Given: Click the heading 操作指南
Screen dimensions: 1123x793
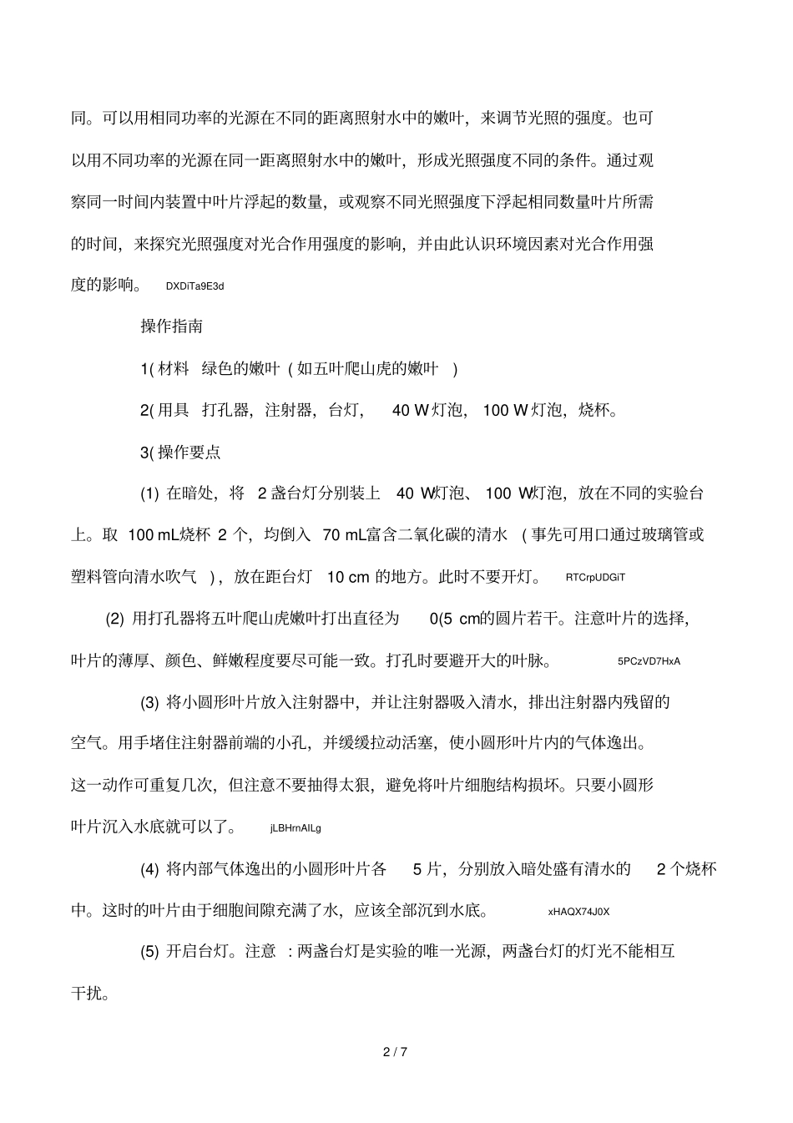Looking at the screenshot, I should coord(171,326).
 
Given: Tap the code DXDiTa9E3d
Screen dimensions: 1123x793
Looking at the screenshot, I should coord(194,286).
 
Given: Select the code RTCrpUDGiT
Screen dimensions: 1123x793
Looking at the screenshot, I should coord(594,577).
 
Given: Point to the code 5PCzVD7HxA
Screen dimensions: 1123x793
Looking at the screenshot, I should coord(649,661).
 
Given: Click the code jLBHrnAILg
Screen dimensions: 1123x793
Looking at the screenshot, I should coord(295,828).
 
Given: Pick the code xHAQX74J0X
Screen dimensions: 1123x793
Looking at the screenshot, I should coord(578,912).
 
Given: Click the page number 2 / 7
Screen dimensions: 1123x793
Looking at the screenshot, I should coord(395,1051).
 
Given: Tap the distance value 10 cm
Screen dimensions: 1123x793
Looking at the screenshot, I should coord(347,577).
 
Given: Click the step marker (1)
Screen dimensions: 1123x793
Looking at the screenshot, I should coord(149,493).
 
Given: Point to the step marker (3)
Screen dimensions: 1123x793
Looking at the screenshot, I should coord(149,702).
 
